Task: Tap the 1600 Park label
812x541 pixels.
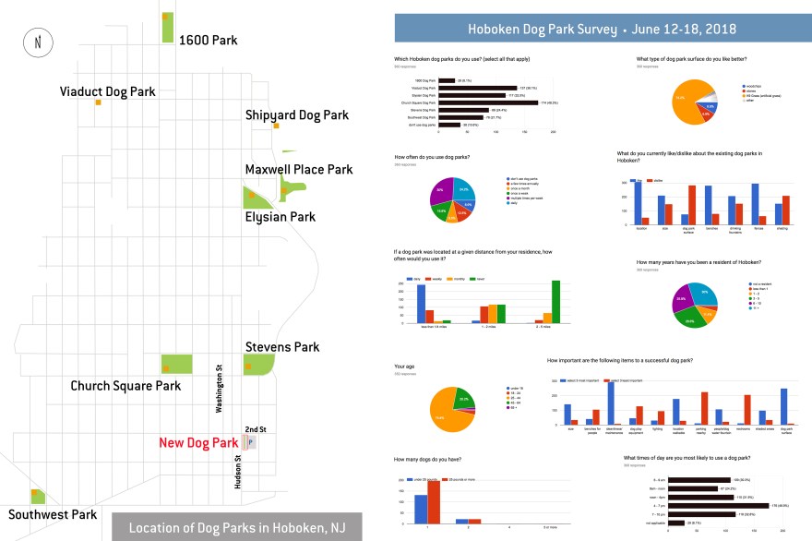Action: (x=209, y=41)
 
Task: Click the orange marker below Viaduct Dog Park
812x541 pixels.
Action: (x=97, y=102)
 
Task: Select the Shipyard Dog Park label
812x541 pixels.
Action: (x=297, y=115)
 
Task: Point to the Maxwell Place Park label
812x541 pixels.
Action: (x=299, y=170)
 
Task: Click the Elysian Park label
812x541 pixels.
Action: (x=280, y=218)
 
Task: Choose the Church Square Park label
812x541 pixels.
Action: (x=125, y=385)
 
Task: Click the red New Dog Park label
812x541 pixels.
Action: (x=198, y=443)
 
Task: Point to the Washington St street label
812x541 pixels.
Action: (x=220, y=388)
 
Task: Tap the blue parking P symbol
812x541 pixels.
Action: (x=252, y=442)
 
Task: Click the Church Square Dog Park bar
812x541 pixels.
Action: (x=489, y=102)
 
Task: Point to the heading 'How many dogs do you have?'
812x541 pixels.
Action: (x=427, y=458)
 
